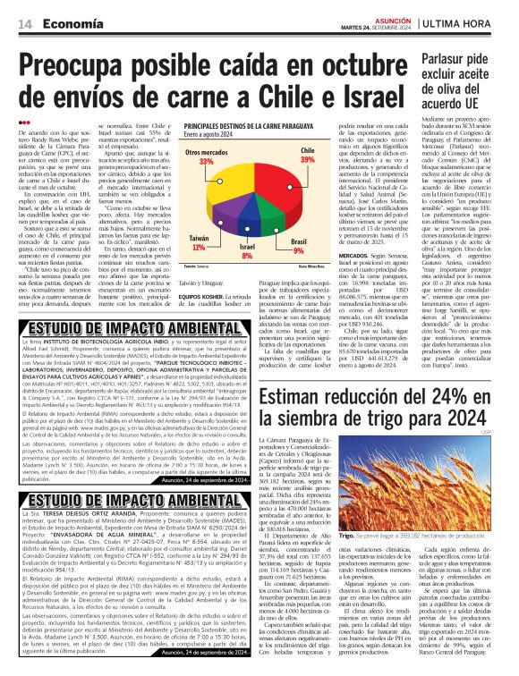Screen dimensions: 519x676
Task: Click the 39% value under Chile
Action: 307,158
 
